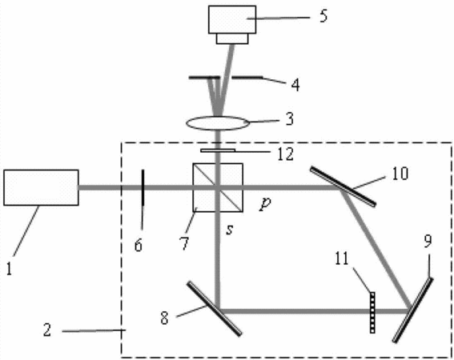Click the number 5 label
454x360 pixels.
[323, 16]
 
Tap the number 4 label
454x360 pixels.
[295, 85]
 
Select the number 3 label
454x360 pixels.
[290, 118]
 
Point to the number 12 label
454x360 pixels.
[286, 154]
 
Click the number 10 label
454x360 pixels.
[400, 174]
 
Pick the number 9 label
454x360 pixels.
[428, 241]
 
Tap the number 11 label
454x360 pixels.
[342, 258]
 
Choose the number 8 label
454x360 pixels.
[164, 318]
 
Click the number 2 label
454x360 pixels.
[47, 330]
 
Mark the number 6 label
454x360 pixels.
[139, 246]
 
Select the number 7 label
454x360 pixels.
[184, 243]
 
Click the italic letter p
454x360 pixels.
[265, 204]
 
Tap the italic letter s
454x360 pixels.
[230, 230]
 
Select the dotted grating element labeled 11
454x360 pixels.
[372, 313]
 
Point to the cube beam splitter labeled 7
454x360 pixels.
[218, 187]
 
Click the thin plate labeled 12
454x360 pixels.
[218, 150]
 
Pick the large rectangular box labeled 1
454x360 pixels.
[41, 187]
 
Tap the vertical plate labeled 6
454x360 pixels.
[143, 187]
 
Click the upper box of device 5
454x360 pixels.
[232, 19]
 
